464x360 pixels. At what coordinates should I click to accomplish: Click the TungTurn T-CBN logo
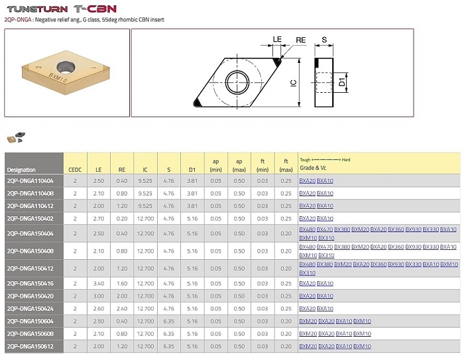tap(62, 9)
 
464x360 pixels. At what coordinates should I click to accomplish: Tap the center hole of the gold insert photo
tap(66, 66)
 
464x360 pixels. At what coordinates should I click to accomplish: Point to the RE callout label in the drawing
tap(301, 40)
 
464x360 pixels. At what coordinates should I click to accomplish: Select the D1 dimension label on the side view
tap(342, 82)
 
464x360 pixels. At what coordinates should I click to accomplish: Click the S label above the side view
tap(324, 40)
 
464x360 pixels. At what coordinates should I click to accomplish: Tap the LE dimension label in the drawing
tap(277, 39)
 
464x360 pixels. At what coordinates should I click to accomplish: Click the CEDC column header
tap(75, 170)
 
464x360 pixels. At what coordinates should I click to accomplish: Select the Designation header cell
tap(21, 170)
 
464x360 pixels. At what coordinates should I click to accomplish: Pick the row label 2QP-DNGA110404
tap(30, 180)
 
